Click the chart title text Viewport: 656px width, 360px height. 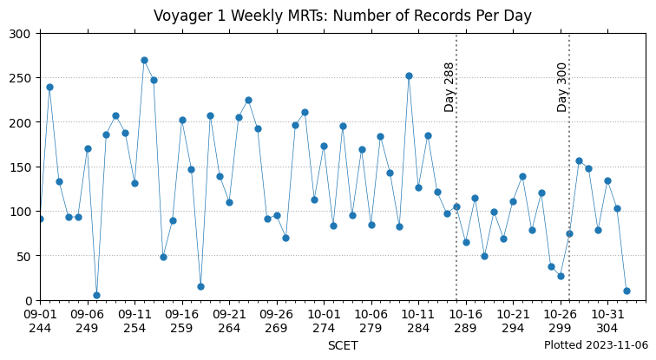343,16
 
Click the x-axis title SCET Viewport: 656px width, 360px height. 343,345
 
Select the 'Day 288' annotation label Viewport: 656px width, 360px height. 449,87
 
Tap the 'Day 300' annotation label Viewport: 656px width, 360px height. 562,87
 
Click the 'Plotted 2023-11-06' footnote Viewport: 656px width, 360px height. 596,345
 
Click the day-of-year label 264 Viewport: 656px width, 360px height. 229,329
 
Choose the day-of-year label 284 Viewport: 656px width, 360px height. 418,329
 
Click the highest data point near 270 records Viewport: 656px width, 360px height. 144,60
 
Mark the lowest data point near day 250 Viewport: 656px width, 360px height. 96,295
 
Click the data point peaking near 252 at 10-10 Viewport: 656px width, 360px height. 409,75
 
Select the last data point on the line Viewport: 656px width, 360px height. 626,291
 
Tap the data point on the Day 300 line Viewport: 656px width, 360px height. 569,233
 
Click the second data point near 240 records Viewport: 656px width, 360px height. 49,87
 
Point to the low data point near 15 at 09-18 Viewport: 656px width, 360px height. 200,286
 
